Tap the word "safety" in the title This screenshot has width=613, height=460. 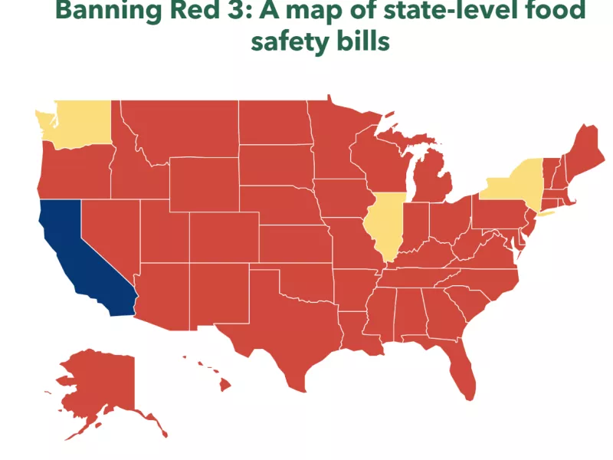coord(290,41)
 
